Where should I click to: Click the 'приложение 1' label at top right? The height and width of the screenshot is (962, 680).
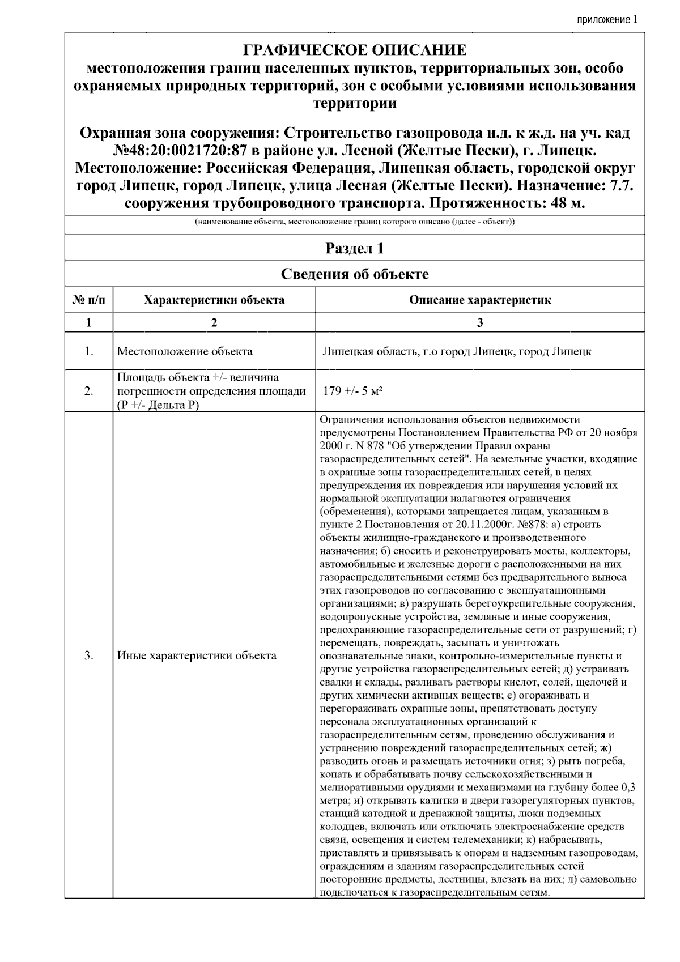click(607, 20)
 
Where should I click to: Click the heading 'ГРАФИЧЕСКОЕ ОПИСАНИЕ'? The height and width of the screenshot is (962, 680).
click(355, 50)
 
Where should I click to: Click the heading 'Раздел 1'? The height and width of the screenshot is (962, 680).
click(355, 248)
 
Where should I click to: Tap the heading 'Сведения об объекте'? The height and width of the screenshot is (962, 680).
click(355, 274)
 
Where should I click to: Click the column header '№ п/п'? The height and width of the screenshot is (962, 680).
click(89, 300)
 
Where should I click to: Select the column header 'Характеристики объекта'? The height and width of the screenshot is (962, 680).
click(214, 300)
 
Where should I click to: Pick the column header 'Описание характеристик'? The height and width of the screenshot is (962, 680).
click(480, 300)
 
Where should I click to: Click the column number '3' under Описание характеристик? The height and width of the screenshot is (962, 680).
click(480, 322)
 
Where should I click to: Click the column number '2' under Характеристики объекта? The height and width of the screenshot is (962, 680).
click(214, 322)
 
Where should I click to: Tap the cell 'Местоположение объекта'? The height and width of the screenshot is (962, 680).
click(185, 351)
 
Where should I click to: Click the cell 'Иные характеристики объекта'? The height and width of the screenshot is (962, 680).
click(197, 656)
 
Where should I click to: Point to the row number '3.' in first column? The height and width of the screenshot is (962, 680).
click(89, 656)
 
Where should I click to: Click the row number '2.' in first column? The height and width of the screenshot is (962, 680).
click(89, 390)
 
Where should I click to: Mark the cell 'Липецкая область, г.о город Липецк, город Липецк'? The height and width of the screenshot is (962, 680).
click(457, 351)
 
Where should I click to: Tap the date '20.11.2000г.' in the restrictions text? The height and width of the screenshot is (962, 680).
click(483, 524)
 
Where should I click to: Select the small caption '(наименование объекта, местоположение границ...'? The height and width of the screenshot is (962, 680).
click(355, 222)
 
